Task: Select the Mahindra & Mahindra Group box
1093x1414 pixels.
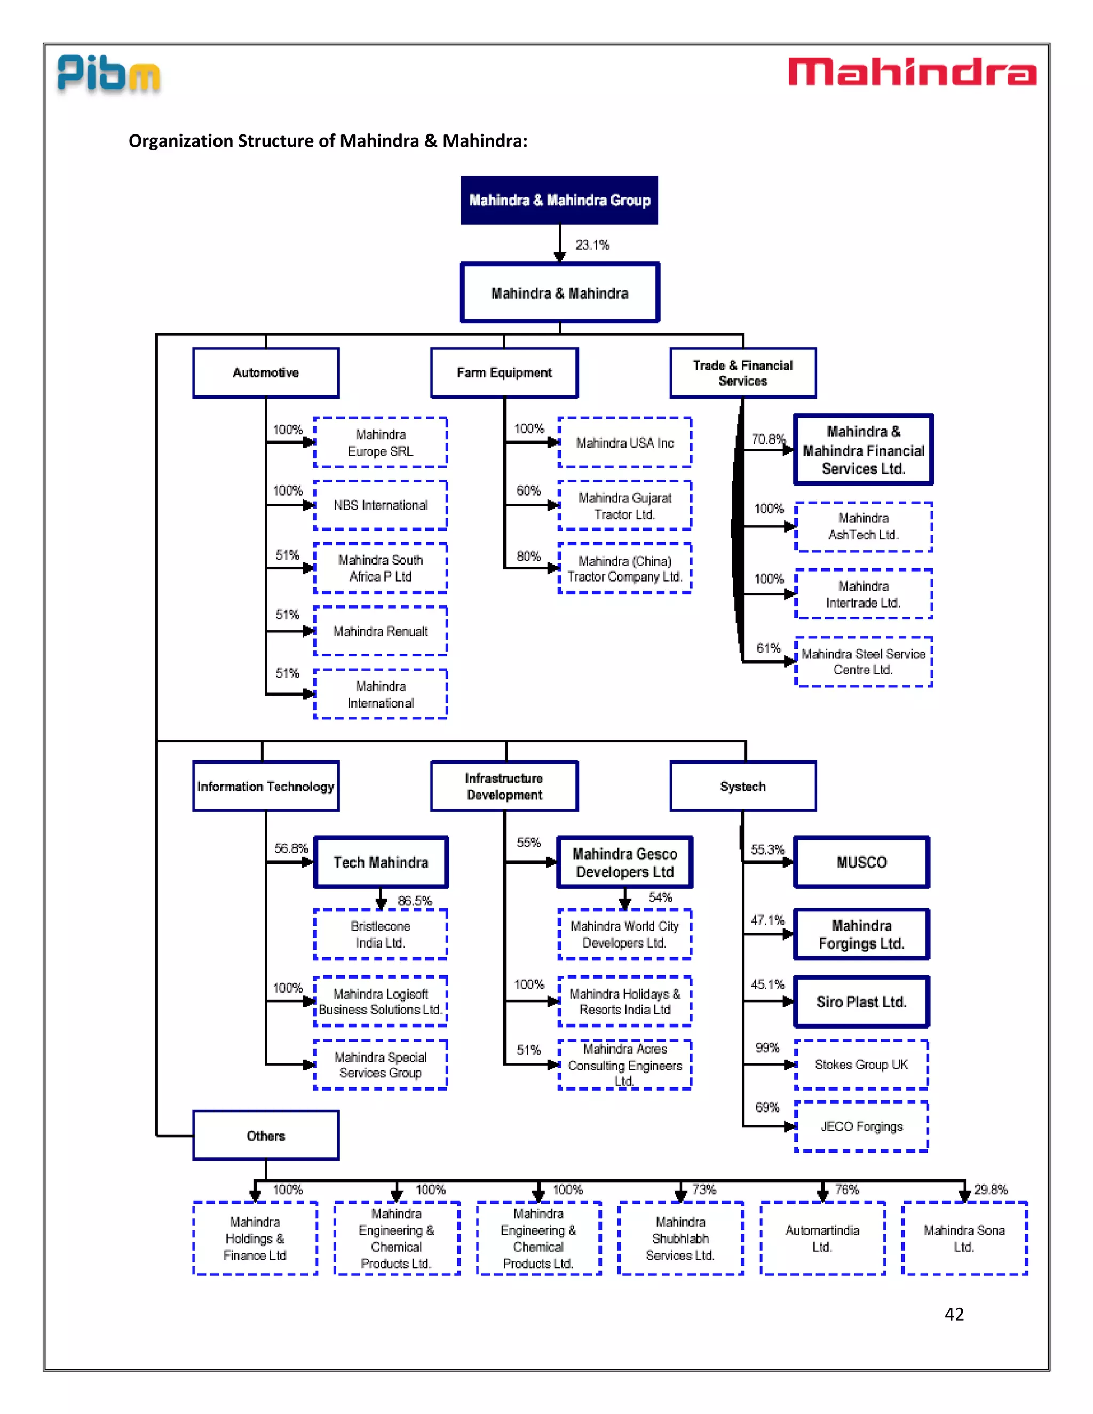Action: point(559,200)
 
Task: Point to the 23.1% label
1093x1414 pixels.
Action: point(592,245)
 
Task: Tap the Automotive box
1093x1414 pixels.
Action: point(265,373)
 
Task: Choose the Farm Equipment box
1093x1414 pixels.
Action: point(504,373)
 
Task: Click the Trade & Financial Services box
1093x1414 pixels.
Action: point(743,373)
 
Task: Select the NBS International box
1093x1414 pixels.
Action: point(380,505)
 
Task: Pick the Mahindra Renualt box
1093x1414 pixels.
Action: point(380,631)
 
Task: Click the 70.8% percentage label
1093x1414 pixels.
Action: point(767,439)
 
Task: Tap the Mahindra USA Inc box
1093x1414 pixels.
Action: point(624,443)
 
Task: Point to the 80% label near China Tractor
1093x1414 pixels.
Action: point(528,556)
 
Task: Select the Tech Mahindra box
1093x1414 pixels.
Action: point(381,862)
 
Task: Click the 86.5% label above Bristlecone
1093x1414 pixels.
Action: point(414,901)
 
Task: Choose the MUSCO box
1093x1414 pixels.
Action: point(861,862)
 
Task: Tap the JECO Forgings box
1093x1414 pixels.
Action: point(861,1126)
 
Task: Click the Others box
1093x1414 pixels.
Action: point(265,1135)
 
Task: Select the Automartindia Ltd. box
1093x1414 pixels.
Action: point(822,1238)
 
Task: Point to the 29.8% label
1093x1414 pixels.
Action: point(991,1189)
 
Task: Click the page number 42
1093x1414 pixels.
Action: point(954,1314)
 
